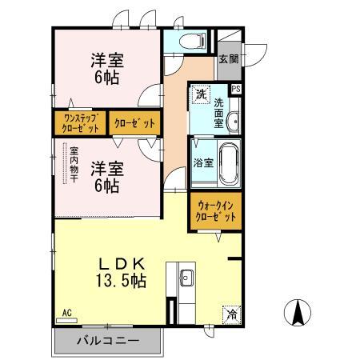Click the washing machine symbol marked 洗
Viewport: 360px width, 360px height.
(200, 95)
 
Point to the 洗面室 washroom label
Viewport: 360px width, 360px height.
(219, 103)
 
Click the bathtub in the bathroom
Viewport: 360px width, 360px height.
(227, 163)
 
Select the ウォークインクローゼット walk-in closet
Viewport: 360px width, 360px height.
(215, 210)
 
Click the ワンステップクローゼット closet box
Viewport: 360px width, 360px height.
(79, 123)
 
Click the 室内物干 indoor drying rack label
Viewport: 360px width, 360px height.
(73, 163)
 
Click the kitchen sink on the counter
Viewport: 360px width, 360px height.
(186, 278)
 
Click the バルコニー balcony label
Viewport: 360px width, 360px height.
(108, 341)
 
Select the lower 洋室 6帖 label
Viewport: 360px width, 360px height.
(105, 176)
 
